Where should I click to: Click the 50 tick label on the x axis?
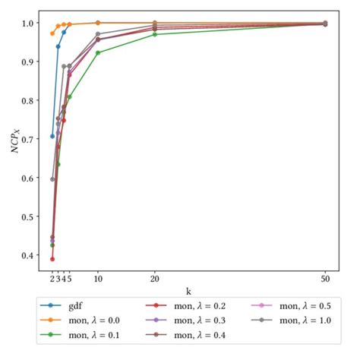(325, 279)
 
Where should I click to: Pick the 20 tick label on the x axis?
(155, 279)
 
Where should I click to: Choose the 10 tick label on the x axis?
(98, 279)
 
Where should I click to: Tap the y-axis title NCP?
(14, 141)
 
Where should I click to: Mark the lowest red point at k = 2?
(52, 259)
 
